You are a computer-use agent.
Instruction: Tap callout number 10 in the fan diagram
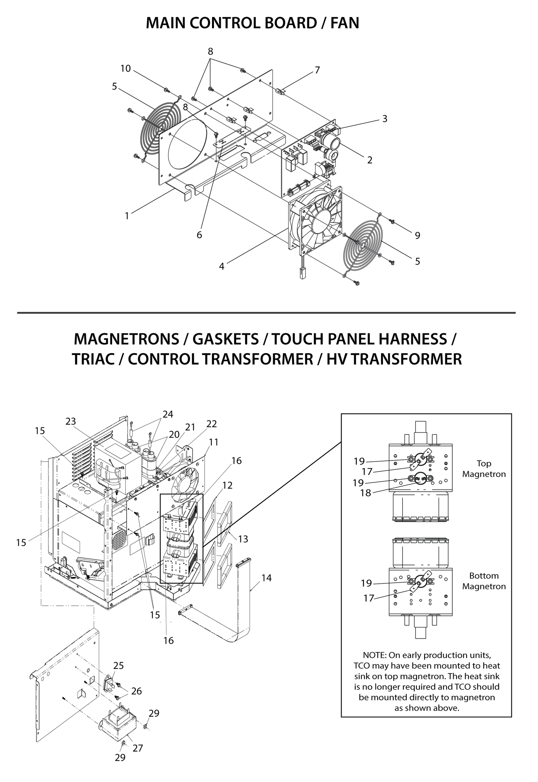click(x=125, y=69)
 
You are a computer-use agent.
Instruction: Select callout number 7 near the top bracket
click(x=317, y=70)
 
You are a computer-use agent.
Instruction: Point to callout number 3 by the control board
click(x=385, y=119)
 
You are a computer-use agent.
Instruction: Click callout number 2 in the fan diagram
click(x=370, y=160)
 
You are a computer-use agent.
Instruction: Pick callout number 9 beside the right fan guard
click(x=417, y=236)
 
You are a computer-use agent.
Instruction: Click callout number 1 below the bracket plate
click(x=127, y=216)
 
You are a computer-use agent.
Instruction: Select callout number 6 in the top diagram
click(x=199, y=235)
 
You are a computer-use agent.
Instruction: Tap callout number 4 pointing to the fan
click(x=221, y=267)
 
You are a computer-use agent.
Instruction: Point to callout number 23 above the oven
click(x=70, y=421)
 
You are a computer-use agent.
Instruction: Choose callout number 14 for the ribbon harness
click(x=266, y=578)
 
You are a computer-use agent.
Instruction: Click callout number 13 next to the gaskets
click(x=243, y=539)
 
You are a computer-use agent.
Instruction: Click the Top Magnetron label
click(x=484, y=469)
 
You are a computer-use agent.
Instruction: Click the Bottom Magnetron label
click(x=484, y=581)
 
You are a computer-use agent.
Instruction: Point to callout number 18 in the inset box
click(x=365, y=493)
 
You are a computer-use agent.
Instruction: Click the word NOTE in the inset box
click(x=374, y=655)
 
